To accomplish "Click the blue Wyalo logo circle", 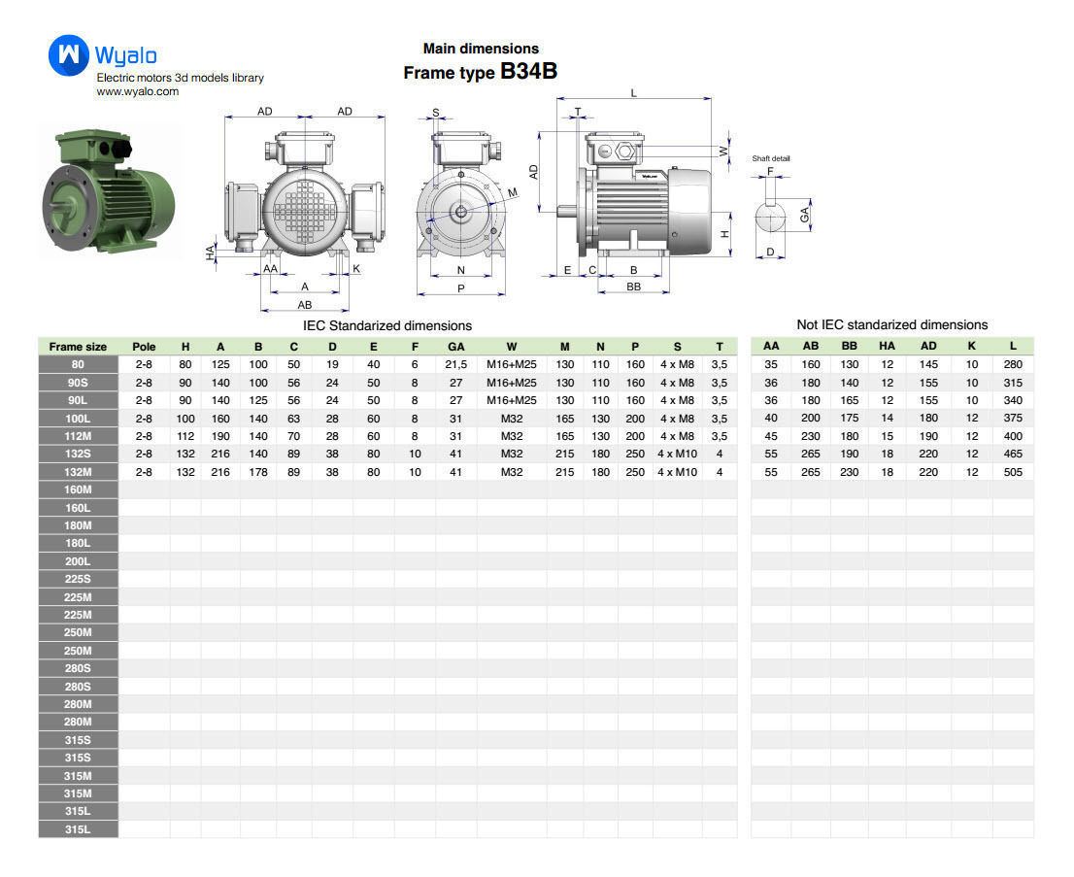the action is pyautogui.click(x=69, y=54).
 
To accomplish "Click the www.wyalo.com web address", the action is pyautogui.click(x=138, y=92).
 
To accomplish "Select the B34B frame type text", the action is pyautogui.click(x=529, y=71).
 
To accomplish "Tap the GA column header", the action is pyautogui.click(x=456, y=347).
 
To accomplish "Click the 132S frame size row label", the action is pyautogui.click(x=78, y=454).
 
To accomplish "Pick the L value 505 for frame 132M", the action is pyautogui.click(x=1013, y=472).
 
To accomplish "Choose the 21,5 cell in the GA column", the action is pyautogui.click(x=456, y=364).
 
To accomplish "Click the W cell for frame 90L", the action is pyautogui.click(x=512, y=400).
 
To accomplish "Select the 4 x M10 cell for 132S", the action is pyautogui.click(x=678, y=454).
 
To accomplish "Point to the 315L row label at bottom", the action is pyautogui.click(x=78, y=829).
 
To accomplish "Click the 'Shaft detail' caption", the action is pyautogui.click(x=771, y=158).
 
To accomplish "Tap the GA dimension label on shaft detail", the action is pyautogui.click(x=805, y=215).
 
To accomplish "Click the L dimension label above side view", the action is pyautogui.click(x=633, y=93).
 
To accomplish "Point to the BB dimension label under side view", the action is pyautogui.click(x=633, y=287).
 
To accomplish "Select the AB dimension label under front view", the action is pyautogui.click(x=305, y=305).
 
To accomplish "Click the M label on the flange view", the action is pyautogui.click(x=513, y=192).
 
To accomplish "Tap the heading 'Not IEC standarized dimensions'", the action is pyautogui.click(x=891, y=324).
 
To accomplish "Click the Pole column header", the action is pyautogui.click(x=144, y=347).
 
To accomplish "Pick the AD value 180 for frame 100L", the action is pyautogui.click(x=928, y=418).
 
